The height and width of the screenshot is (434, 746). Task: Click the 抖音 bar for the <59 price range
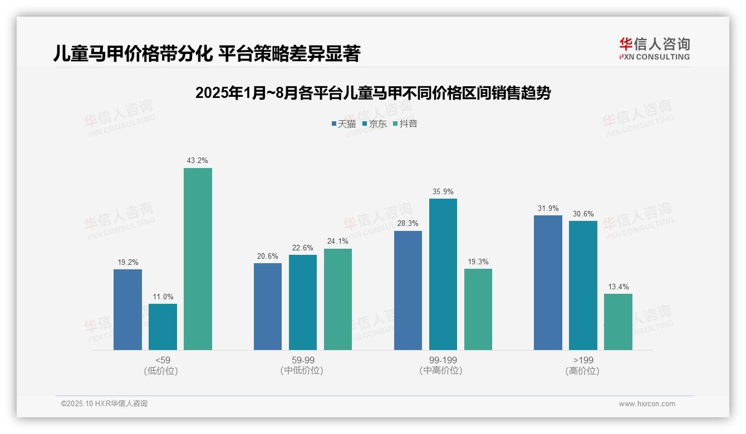pos(198,259)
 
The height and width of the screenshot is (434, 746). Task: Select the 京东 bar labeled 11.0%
pos(163,327)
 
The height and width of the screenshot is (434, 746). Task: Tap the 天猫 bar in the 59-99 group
pos(268,307)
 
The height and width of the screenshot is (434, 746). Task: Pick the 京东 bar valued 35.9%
pos(443,274)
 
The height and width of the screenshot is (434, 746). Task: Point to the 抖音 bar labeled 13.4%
pos(618,322)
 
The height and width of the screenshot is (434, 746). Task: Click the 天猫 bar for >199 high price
pos(548,283)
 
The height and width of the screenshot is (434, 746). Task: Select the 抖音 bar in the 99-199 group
pos(478,309)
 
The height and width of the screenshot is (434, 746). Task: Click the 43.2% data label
pos(198,161)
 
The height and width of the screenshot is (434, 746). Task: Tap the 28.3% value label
pos(408,224)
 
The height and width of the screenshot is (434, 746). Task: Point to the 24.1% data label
pos(338,241)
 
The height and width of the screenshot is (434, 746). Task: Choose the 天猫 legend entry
pos(343,124)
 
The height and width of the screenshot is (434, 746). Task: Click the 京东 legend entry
pos(374,124)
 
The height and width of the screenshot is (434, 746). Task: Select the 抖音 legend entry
pos(405,124)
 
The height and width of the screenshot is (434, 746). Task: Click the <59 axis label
pos(163,360)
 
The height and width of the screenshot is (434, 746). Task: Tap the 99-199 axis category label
pos(443,360)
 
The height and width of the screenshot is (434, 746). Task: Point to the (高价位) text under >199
pos(583,371)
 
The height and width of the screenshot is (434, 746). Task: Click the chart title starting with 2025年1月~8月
pos(373,93)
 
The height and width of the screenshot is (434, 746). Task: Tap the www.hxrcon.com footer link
pos(647,404)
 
